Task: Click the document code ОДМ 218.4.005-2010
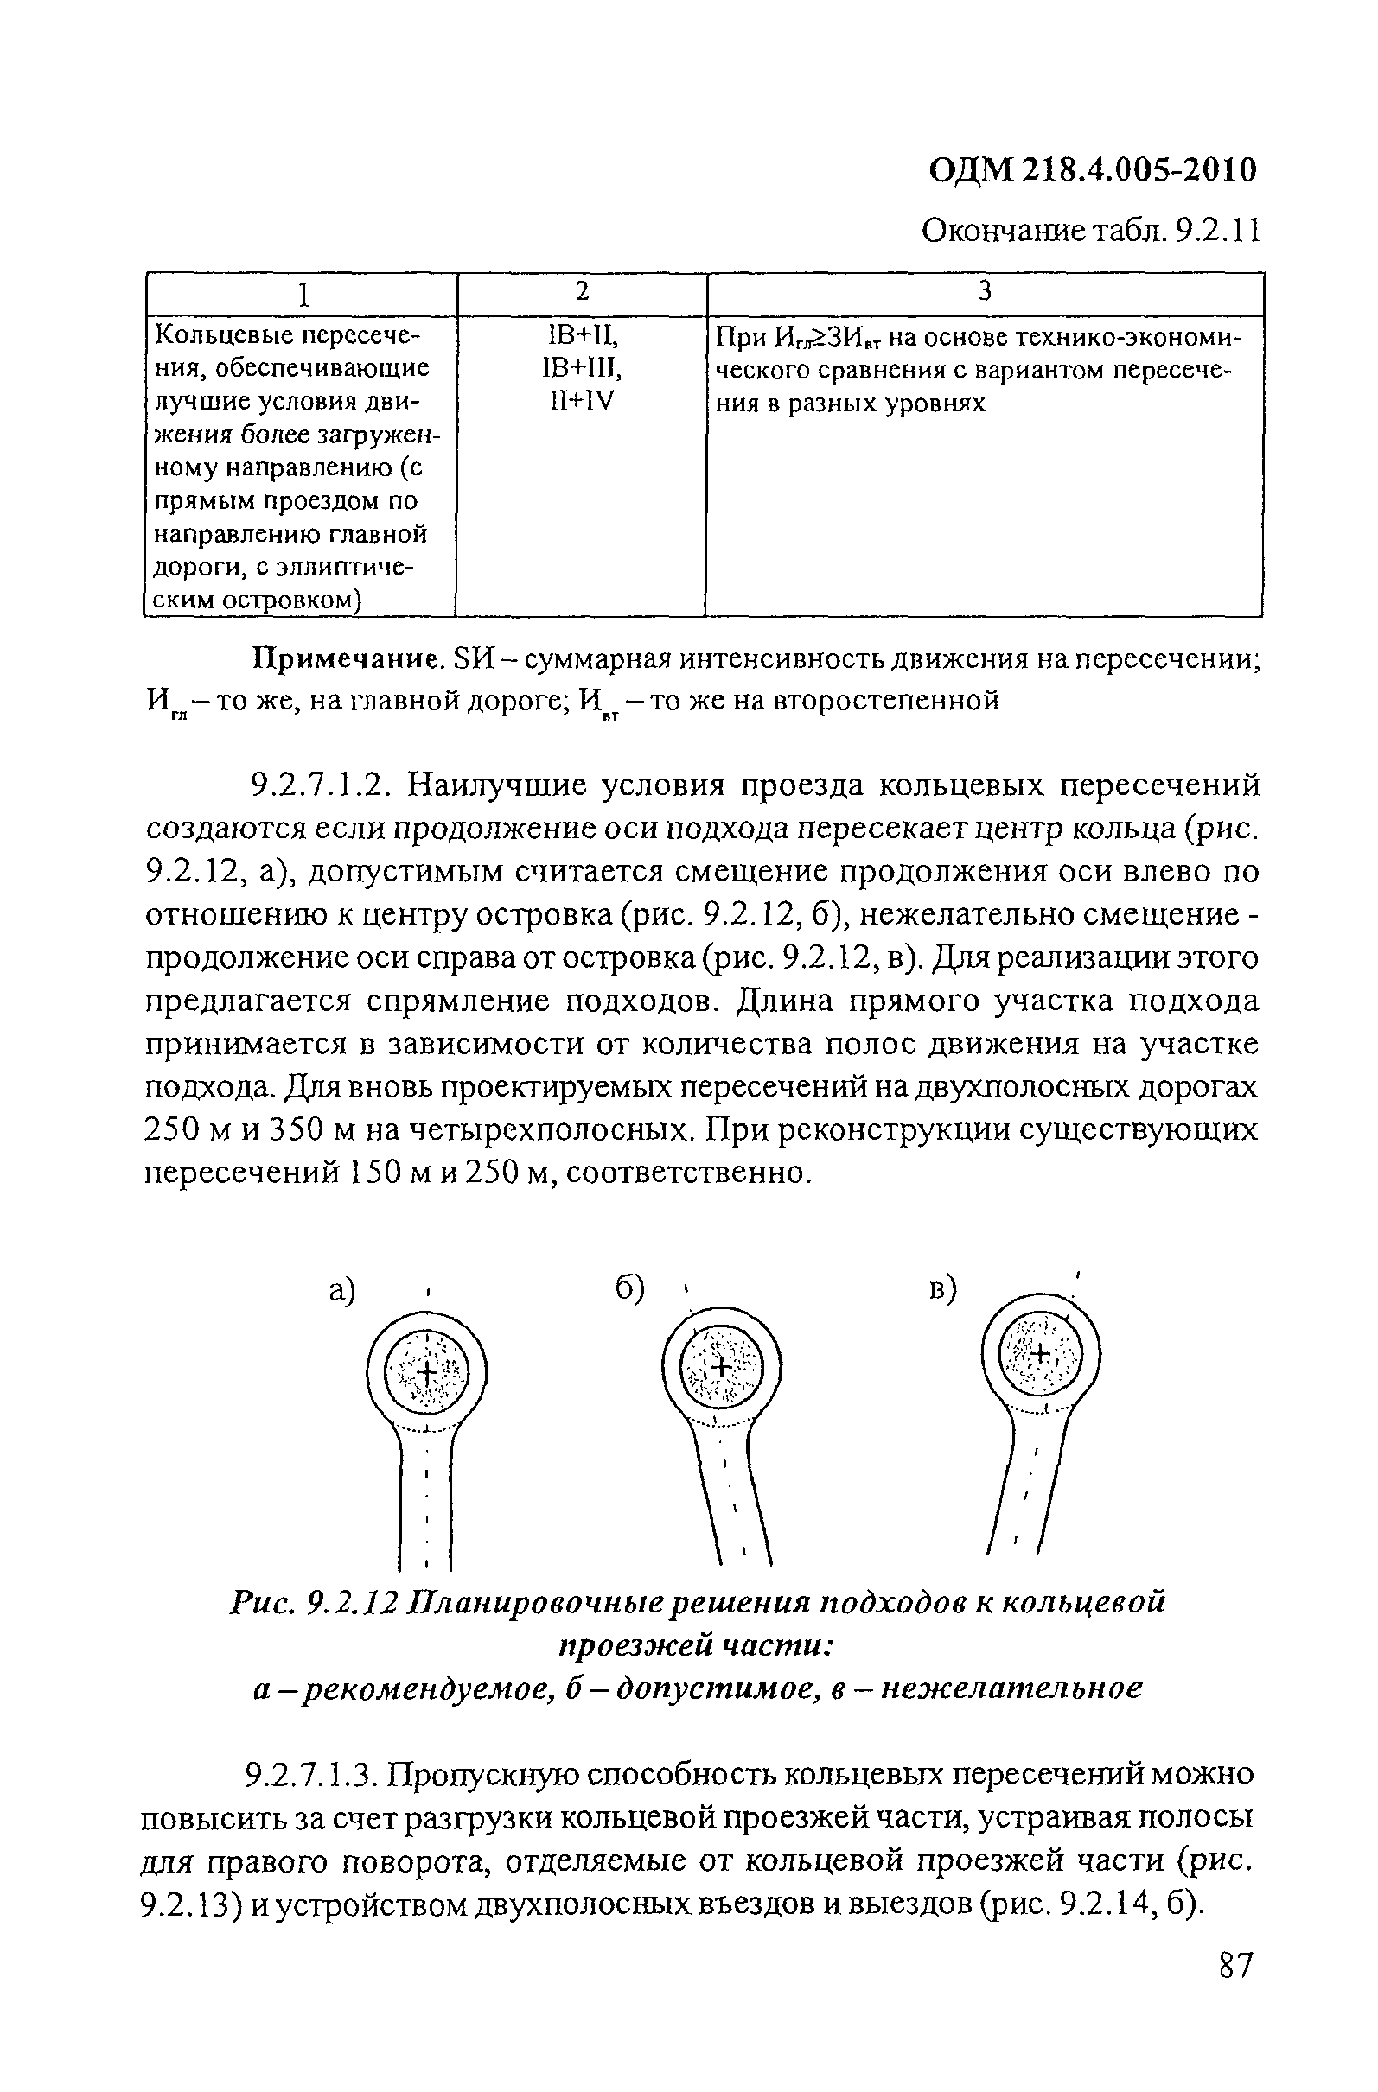point(1092,169)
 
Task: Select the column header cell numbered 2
point(582,293)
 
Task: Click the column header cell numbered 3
point(984,293)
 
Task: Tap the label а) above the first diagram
point(341,1290)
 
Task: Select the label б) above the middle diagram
point(630,1289)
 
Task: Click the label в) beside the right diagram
point(942,1290)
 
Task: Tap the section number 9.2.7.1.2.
point(320,785)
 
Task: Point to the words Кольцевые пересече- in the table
point(287,336)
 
